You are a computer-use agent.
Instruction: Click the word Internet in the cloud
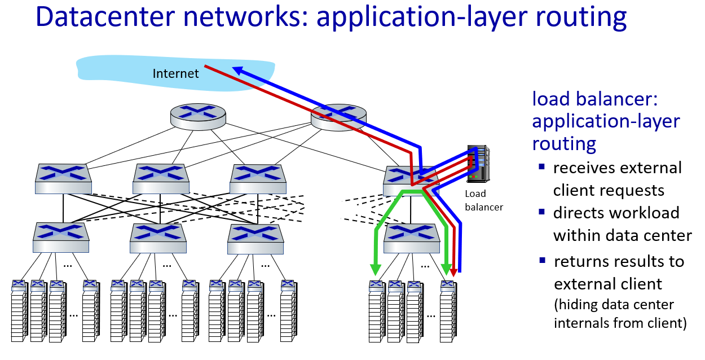[x=176, y=73]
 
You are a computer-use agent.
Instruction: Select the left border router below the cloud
[x=198, y=115]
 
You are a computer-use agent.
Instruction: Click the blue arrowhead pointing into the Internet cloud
[x=239, y=71]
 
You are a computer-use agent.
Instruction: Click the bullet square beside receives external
[x=541, y=166]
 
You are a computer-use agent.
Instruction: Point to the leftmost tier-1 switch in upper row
[x=63, y=177]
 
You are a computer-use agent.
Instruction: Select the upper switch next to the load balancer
[x=411, y=179]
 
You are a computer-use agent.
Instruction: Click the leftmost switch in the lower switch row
[x=61, y=236]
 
